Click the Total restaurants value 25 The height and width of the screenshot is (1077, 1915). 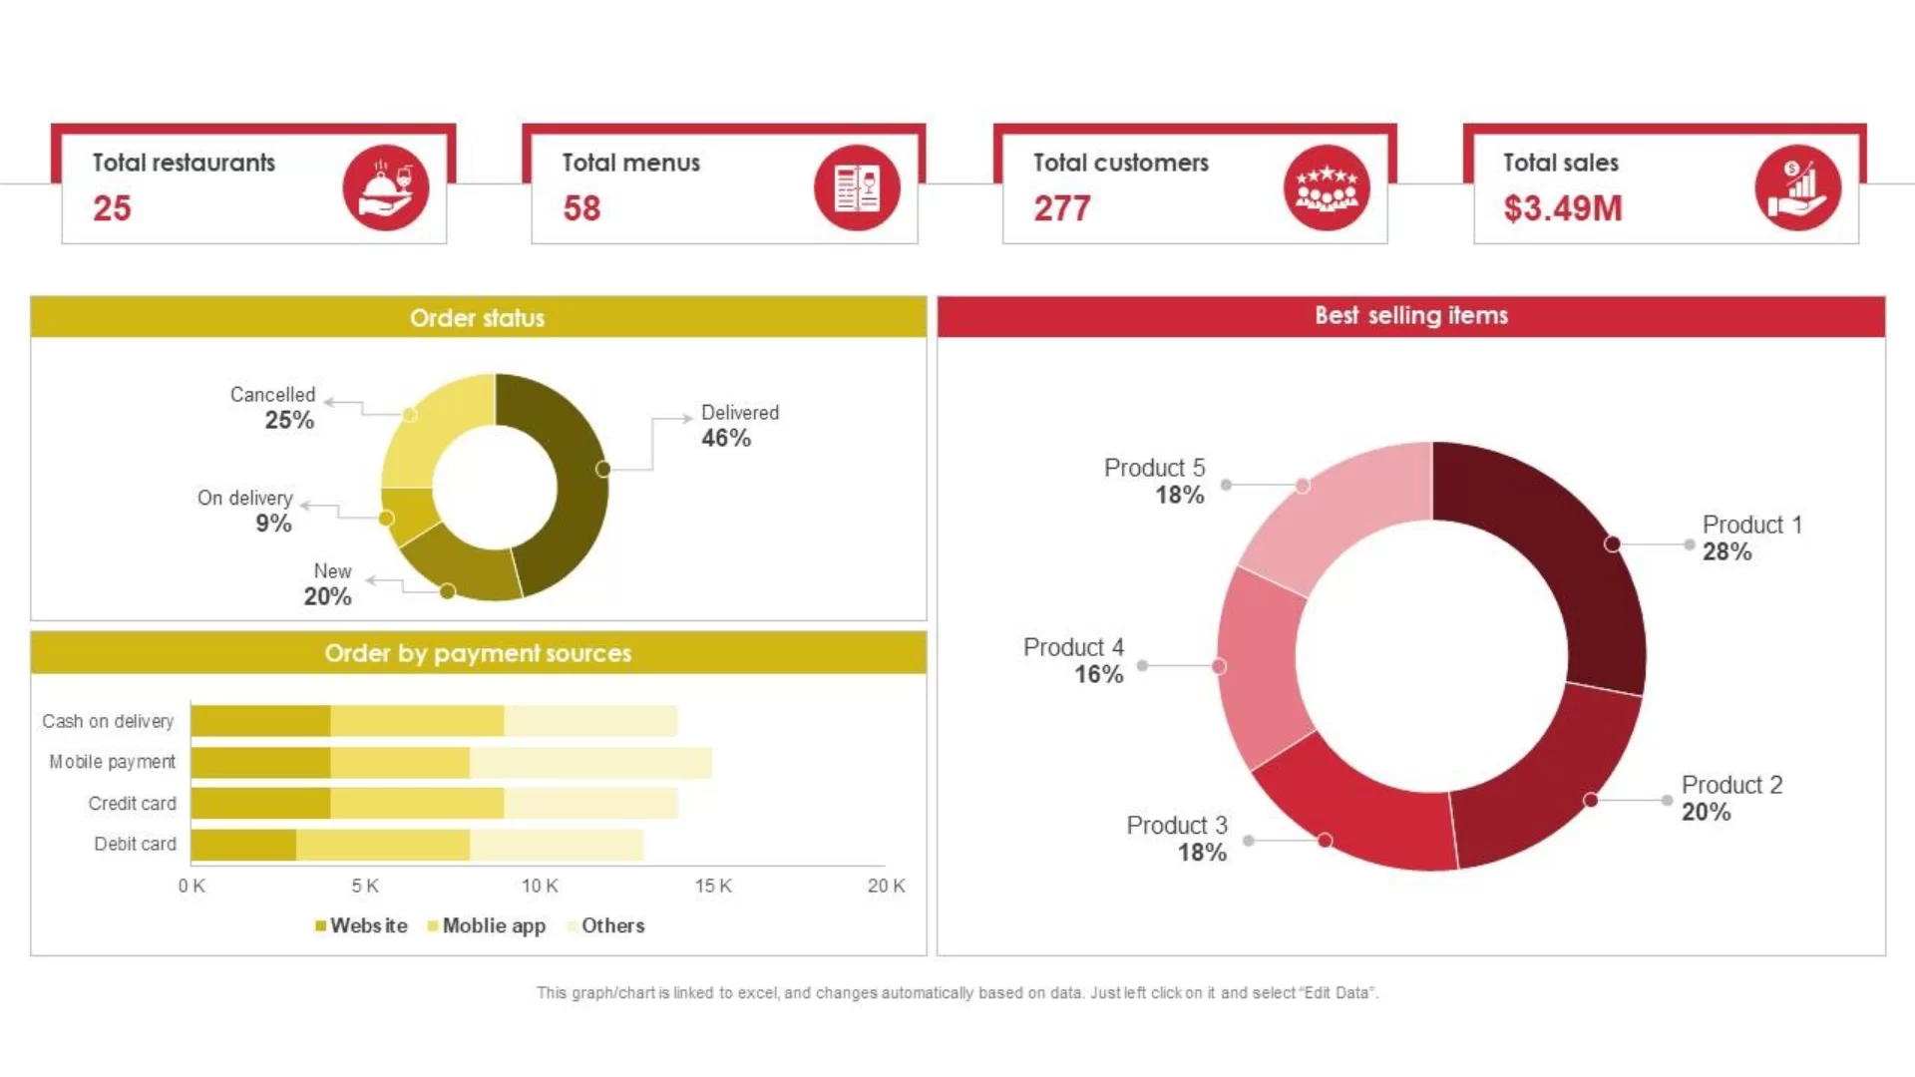pyautogui.click(x=112, y=208)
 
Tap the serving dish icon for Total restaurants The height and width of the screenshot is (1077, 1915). pyautogui.click(x=385, y=187)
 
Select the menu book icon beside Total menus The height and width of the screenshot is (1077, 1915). pyautogui.click(x=856, y=187)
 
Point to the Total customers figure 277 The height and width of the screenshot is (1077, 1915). pyautogui.click(x=1061, y=208)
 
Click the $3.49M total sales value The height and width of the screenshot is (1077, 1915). pyautogui.click(x=1562, y=208)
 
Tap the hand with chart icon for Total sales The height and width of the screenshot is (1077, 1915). pyautogui.click(x=1797, y=187)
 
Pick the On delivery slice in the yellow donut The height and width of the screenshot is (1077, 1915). pyautogui.click(x=409, y=517)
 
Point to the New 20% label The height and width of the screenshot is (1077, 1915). pyautogui.click(x=329, y=584)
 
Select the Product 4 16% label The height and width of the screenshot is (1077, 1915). pyautogui.click(x=1074, y=660)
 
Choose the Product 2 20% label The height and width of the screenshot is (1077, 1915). pyautogui.click(x=1731, y=798)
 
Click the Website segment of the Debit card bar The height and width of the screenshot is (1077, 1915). pyautogui.click(x=243, y=845)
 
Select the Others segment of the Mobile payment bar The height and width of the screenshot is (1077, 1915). pyautogui.click(x=590, y=763)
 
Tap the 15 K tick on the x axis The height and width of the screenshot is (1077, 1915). pyautogui.click(x=713, y=886)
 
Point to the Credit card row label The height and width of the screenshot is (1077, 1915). pyautogui.click(x=132, y=804)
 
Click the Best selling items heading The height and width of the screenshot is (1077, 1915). pyautogui.click(x=1410, y=315)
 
